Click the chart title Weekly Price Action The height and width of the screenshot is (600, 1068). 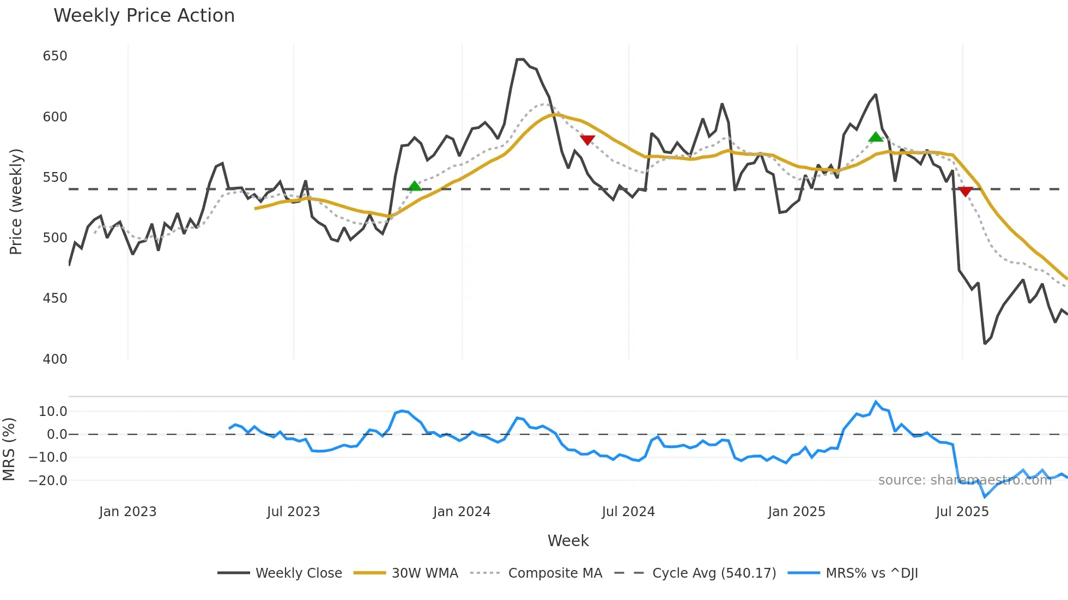pyautogui.click(x=144, y=16)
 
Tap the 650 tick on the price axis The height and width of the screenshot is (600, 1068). pyautogui.click(x=55, y=56)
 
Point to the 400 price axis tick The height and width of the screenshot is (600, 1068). pyautogui.click(x=55, y=359)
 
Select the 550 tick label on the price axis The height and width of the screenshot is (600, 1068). pyautogui.click(x=55, y=177)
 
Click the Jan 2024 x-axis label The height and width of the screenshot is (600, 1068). pyautogui.click(x=462, y=512)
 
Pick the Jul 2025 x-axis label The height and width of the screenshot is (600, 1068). pyautogui.click(x=962, y=512)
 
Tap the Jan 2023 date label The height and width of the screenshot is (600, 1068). pyautogui.click(x=128, y=512)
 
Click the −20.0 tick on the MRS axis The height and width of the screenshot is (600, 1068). pyautogui.click(x=48, y=480)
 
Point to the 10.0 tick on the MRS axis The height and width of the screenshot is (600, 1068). pyautogui.click(x=53, y=412)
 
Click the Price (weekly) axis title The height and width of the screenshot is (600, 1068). pyautogui.click(x=16, y=201)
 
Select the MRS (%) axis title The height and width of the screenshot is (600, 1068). pyautogui.click(x=9, y=449)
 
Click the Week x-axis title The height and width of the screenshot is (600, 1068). pyautogui.click(x=568, y=541)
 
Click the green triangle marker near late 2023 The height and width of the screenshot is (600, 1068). pyautogui.click(x=415, y=186)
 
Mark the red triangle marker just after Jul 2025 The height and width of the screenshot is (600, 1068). pyautogui.click(x=965, y=192)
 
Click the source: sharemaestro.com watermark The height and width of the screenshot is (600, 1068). pyautogui.click(x=964, y=480)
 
